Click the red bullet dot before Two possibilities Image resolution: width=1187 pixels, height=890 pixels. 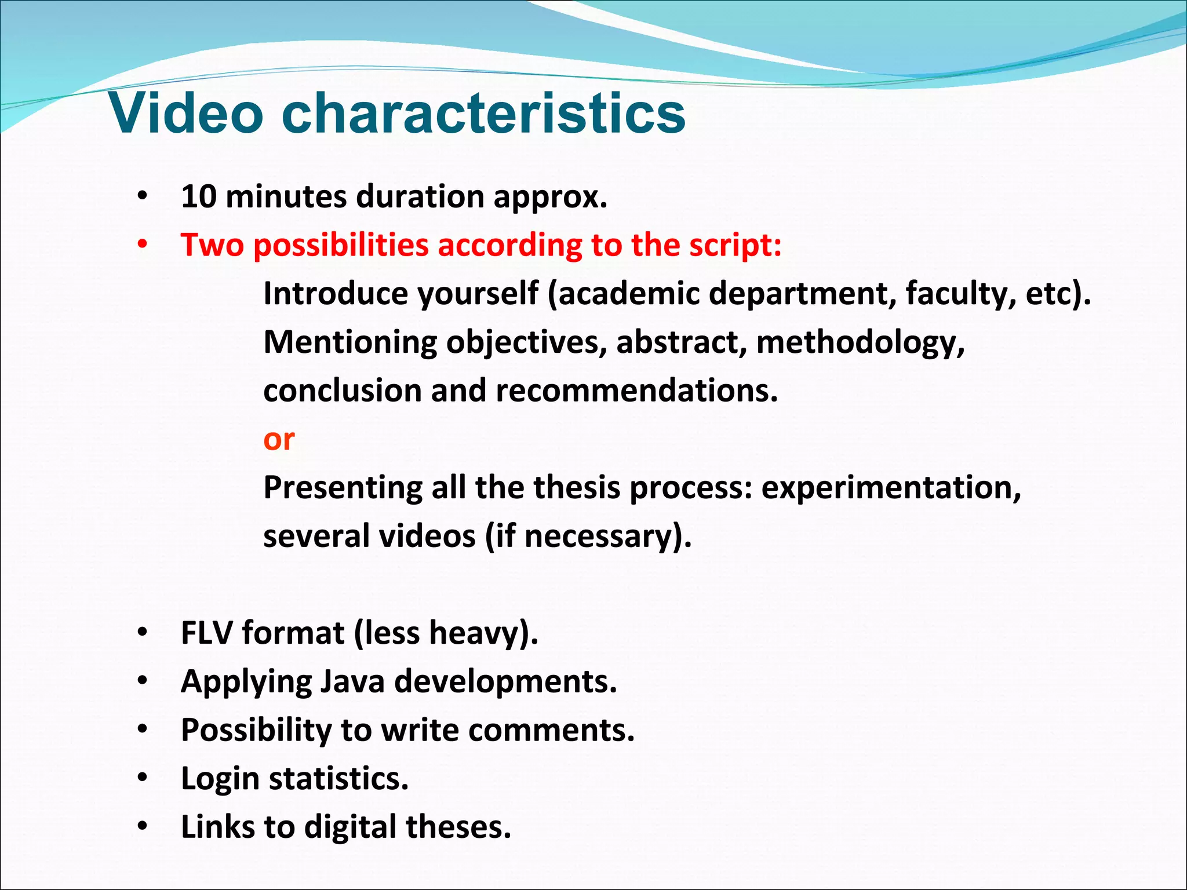point(143,246)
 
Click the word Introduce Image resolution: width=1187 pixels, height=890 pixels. point(336,294)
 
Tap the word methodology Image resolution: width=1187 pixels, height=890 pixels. point(860,342)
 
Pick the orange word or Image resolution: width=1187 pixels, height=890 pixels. point(279,440)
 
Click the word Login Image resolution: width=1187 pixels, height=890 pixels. point(220,779)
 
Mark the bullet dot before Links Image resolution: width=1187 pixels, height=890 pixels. point(143,827)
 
